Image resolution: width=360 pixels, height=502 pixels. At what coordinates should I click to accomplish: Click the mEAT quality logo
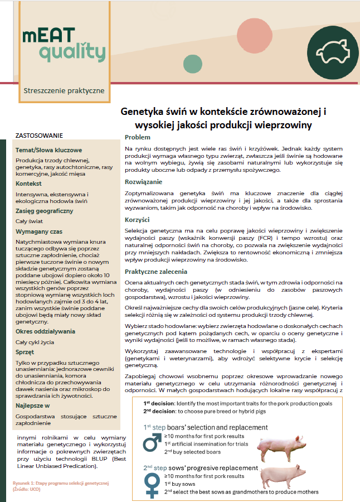tap(63, 45)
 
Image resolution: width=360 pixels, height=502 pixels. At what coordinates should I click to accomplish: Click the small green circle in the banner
tap(193, 64)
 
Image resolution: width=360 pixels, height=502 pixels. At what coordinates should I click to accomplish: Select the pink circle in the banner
tap(254, 35)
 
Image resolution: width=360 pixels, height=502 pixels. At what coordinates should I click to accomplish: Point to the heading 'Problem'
tap(137, 137)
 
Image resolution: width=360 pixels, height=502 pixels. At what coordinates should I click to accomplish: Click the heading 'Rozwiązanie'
tap(144, 182)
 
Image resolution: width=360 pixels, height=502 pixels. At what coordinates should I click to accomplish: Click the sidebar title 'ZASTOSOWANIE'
tap(39, 136)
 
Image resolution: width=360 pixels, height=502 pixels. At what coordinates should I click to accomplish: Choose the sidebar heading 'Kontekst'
tap(29, 184)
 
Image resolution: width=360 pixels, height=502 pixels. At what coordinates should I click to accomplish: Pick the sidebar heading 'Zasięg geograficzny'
tap(45, 211)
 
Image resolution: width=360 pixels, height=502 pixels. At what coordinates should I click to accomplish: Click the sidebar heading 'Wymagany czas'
tap(38, 231)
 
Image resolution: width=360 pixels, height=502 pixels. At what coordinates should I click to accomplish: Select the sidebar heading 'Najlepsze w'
tap(33, 407)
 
